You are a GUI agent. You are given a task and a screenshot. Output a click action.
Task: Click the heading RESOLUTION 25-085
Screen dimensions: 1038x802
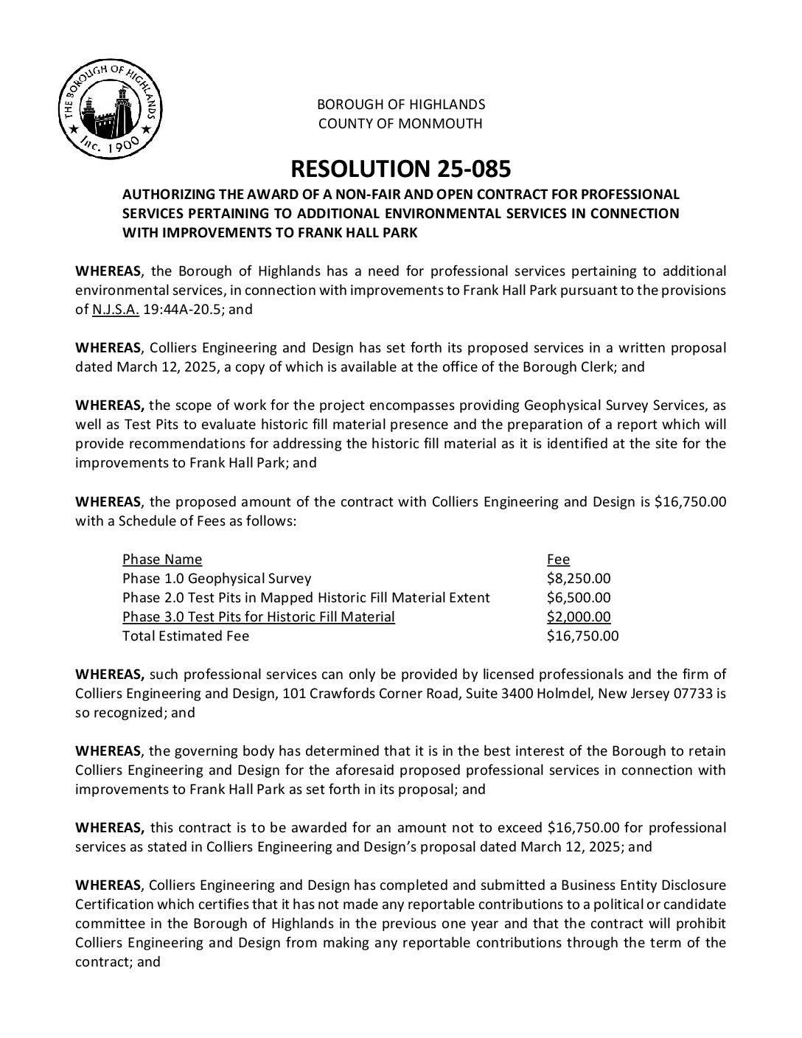pos(400,169)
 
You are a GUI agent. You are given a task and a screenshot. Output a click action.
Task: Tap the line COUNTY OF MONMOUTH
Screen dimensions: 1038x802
pos(400,124)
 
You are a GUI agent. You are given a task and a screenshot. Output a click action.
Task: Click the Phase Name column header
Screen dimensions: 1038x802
pos(162,560)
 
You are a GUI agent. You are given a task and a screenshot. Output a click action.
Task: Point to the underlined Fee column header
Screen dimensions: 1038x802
pos(558,560)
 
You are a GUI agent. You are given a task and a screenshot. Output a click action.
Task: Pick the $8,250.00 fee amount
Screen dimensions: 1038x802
pos(579,579)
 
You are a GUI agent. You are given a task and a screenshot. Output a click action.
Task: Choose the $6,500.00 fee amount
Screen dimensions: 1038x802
pos(579,598)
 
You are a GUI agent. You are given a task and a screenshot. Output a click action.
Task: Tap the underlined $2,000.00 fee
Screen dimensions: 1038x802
pos(579,617)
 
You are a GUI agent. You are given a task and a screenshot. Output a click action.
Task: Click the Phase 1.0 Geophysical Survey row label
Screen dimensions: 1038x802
pos(217,579)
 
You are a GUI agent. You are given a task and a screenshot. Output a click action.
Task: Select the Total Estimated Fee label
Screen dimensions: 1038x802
pos(186,636)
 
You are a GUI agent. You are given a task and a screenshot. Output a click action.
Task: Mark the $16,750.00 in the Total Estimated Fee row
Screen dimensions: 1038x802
pos(582,636)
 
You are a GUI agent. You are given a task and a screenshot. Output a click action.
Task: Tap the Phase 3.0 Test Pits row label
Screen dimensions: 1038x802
pos(259,617)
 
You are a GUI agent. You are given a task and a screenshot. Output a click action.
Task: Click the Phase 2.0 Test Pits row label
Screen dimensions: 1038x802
pos(306,598)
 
